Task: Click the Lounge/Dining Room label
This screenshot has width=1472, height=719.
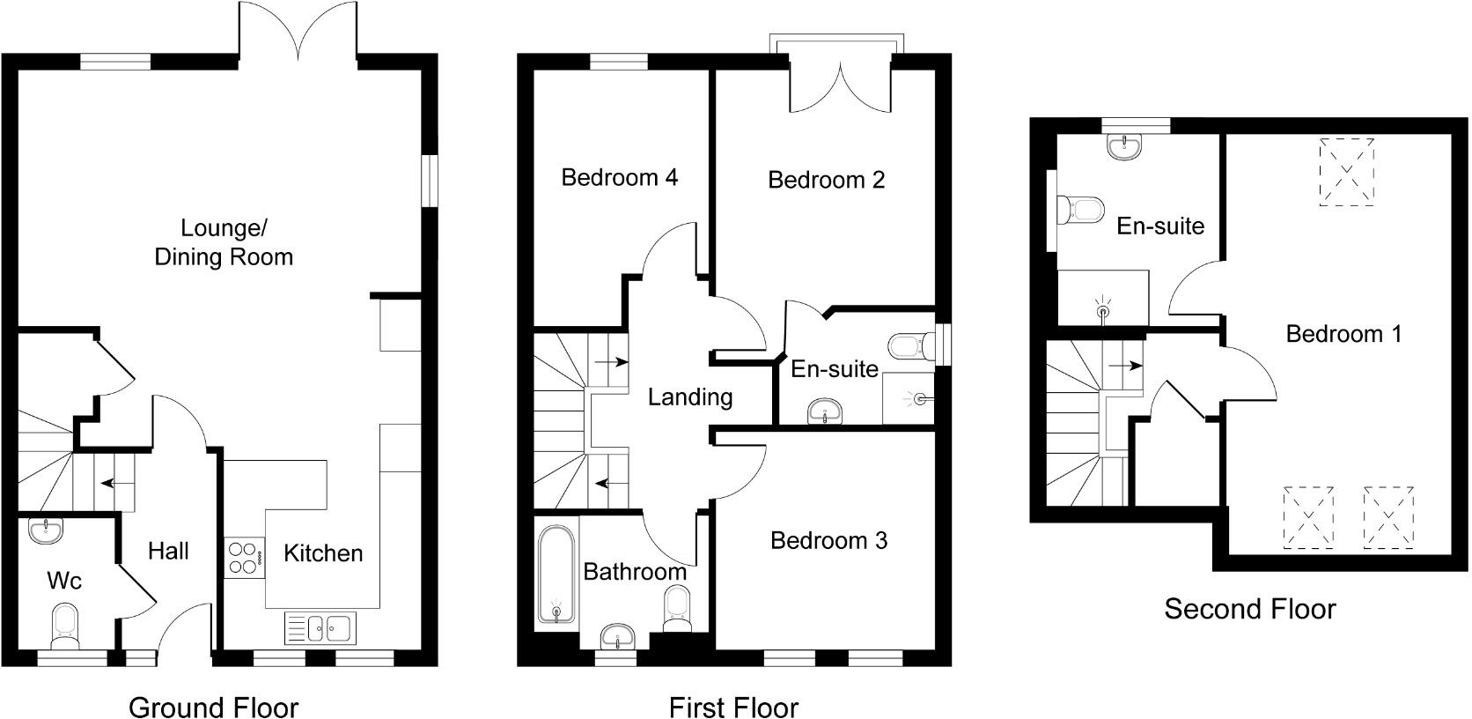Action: pos(224,242)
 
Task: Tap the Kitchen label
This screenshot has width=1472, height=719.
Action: pos(323,553)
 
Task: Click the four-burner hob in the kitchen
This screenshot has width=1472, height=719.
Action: pos(245,557)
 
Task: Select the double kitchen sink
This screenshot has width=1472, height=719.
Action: pos(319,628)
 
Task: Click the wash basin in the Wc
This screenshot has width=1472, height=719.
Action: pos(45,530)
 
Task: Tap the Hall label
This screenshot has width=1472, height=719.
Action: pos(168,552)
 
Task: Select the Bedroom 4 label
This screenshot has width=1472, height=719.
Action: pos(619,177)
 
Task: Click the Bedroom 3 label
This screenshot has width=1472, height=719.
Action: pos(828,540)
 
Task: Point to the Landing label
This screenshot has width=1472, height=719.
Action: pos(690,397)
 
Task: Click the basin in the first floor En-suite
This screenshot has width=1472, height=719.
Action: pos(825,411)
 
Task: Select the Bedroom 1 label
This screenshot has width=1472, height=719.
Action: pos(1343,334)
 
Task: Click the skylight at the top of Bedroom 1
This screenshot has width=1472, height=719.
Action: pos(1346,172)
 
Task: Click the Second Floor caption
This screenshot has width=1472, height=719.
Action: pos(1249,609)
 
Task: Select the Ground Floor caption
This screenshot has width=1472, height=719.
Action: pos(213,707)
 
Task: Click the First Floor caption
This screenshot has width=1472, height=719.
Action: pos(733,707)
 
